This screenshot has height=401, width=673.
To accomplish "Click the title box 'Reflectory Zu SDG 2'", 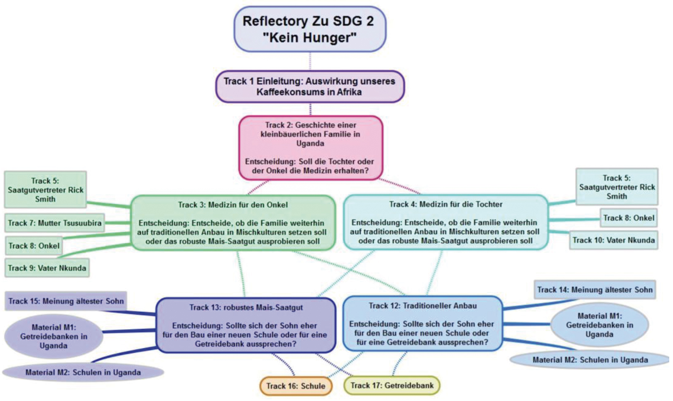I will point(310,29).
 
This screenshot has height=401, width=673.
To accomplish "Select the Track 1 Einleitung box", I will point(310,87).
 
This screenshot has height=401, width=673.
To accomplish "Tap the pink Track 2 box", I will point(310,148).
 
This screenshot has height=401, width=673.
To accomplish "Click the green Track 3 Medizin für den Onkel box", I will point(233,223).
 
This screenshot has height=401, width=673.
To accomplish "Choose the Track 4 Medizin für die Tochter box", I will point(445,222).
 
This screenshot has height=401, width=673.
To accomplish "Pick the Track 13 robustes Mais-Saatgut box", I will point(246,325).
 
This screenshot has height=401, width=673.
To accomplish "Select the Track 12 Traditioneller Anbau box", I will point(423,324).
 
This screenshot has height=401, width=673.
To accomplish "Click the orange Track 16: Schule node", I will point(296,386).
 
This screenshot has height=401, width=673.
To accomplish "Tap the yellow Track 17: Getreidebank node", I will point(392,385).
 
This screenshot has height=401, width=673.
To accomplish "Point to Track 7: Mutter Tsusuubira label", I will point(55,223).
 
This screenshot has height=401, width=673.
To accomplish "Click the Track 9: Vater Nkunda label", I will point(47,268).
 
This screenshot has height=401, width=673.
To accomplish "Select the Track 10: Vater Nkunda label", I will point(614,240).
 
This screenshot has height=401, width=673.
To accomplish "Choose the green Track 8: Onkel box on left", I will point(34,246).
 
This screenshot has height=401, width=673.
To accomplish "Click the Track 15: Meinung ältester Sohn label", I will point(66,301).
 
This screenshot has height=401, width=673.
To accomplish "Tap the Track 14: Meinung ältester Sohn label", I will point(595,290).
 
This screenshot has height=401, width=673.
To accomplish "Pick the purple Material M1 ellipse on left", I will point(53,336).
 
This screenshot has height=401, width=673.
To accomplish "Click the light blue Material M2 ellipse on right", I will point(590,360).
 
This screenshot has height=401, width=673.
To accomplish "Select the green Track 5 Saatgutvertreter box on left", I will point(45,190).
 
